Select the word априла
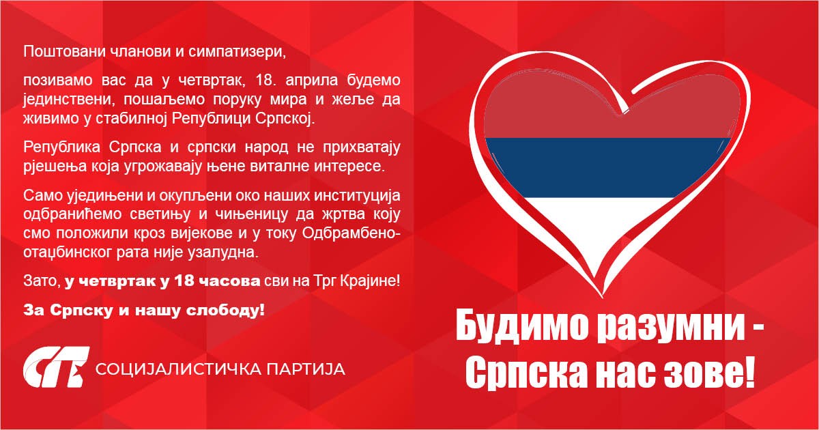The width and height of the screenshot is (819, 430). coord(285,81)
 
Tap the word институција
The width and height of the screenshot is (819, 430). coord(358,197)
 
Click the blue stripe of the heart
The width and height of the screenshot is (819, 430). coord(607,166)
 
